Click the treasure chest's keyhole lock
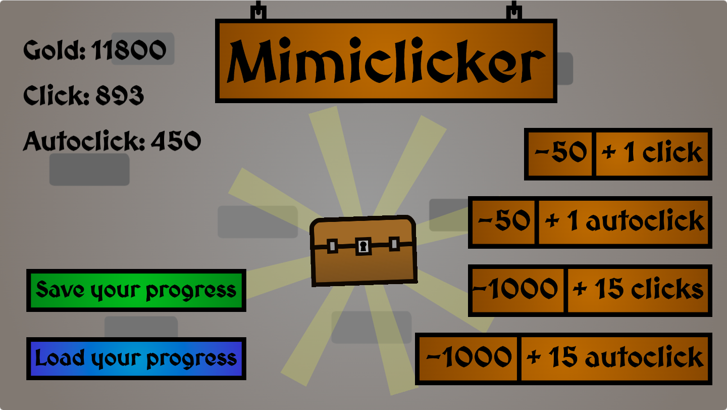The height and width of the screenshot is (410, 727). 363,246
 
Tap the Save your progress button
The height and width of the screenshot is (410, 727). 136,290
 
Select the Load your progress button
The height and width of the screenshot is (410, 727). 136,358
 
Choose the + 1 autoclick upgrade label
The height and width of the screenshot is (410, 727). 624,222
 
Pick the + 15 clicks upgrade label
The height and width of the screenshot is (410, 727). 639,290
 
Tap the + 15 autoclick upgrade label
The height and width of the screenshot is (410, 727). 615,358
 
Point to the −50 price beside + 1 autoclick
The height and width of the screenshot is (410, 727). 504,222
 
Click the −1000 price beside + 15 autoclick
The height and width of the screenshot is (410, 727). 469,358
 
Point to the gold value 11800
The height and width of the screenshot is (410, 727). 129,50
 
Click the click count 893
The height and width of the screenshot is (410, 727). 120,96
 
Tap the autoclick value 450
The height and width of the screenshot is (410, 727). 176,141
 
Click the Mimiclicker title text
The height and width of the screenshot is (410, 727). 386,62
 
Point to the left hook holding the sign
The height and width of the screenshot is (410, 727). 258,11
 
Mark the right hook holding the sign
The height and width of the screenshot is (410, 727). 514,11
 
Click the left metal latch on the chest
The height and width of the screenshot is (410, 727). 333,247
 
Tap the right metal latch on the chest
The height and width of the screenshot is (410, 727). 394,245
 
